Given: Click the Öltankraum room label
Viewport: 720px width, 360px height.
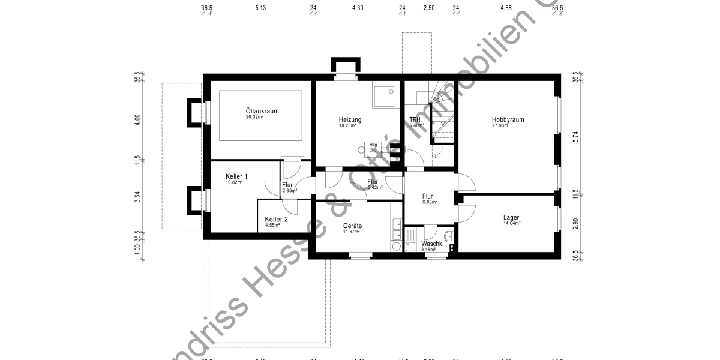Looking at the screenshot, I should [x=262, y=111].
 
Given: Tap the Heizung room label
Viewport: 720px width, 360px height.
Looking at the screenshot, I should [x=350, y=119].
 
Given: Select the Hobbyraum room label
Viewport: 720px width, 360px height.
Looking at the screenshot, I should [x=508, y=119].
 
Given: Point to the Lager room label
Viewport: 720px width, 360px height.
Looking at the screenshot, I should [x=511, y=217].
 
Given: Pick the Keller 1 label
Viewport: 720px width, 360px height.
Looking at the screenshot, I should [x=236, y=176].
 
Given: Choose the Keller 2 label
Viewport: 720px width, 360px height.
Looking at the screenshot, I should [x=276, y=220].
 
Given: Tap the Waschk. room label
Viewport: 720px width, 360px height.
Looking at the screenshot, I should [x=432, y=244].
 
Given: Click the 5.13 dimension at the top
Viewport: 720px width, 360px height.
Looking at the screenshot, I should [x=260, y=8].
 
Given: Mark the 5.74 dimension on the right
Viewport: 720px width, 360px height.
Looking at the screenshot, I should [x=575, y=136].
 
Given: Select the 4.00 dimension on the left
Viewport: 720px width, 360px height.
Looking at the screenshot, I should [x=137, y=119].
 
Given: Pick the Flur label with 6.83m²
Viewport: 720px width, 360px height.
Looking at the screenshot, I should [x=427, y=196].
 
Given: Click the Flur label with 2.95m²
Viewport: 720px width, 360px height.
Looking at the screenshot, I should [x=287, y=185].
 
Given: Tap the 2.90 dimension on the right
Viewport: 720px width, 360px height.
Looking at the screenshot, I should [x=575, y=222].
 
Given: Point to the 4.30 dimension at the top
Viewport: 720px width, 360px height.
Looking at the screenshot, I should [x=358, y=8].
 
